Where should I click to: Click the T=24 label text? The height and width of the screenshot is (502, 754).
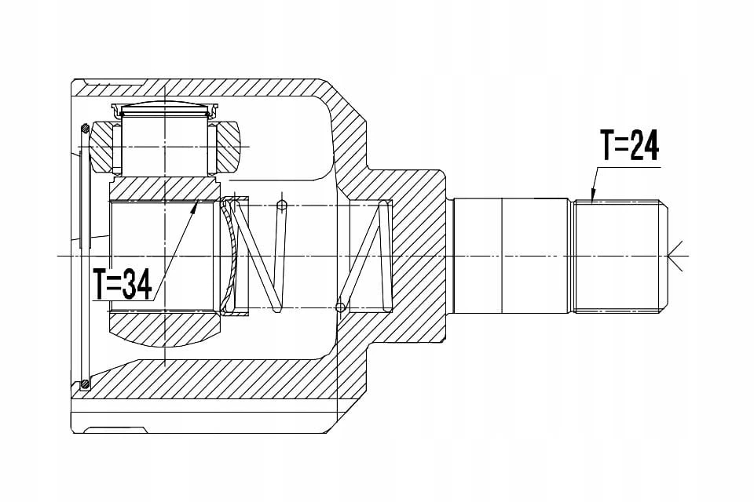pos(629,144)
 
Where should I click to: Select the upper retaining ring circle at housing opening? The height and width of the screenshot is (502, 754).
pos(85,129)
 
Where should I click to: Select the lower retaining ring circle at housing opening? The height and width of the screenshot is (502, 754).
pos(85,384)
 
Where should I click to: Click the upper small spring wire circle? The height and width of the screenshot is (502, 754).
pos(282,206)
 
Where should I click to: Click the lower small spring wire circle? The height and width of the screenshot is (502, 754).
pos(340,307)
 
